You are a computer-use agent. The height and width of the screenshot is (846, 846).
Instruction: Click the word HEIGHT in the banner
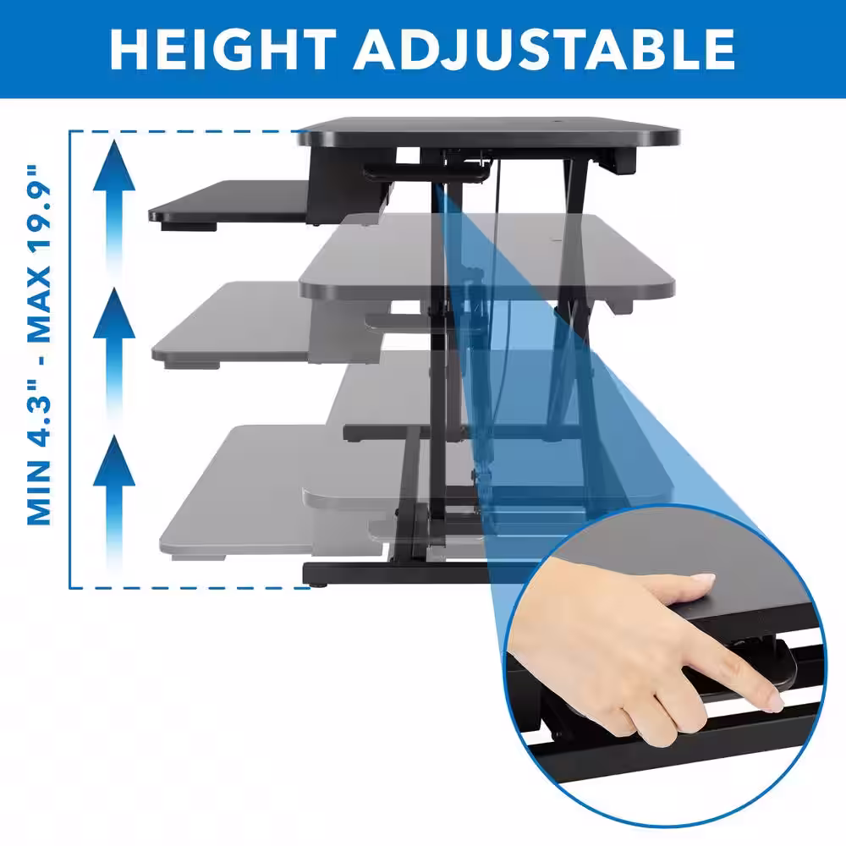point(223,49)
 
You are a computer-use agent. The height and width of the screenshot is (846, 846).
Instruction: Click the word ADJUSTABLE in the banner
point(544,49)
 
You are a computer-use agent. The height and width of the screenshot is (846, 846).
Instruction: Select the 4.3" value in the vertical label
point(40,414)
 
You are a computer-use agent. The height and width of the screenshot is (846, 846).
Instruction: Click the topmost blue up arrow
point(114,208)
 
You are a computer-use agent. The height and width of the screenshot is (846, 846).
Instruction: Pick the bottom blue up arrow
point(114,503)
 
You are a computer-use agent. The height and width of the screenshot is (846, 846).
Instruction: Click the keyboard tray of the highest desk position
point(229,204)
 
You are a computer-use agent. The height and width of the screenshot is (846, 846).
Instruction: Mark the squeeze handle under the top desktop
point(426,172)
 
